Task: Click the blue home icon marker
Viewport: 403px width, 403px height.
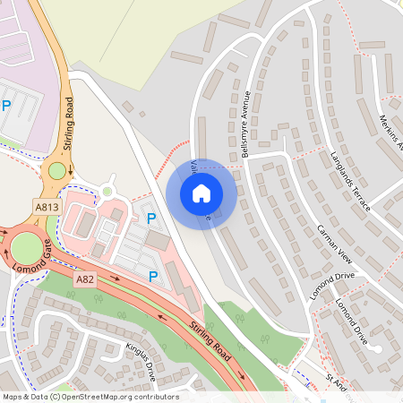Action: point(201,193)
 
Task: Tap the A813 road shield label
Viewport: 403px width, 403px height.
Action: point(49,207)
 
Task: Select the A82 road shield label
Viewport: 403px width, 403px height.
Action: point(85,279)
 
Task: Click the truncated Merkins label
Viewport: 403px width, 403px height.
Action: point(390,133)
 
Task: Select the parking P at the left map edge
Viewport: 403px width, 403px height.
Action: point(6,106)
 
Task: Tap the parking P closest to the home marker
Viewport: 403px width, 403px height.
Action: point(151,218)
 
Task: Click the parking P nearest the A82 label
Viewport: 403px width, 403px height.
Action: point(153,276)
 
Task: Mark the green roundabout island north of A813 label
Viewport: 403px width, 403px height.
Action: point(57,170)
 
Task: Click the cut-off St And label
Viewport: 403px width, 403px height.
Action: point(335,382)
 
